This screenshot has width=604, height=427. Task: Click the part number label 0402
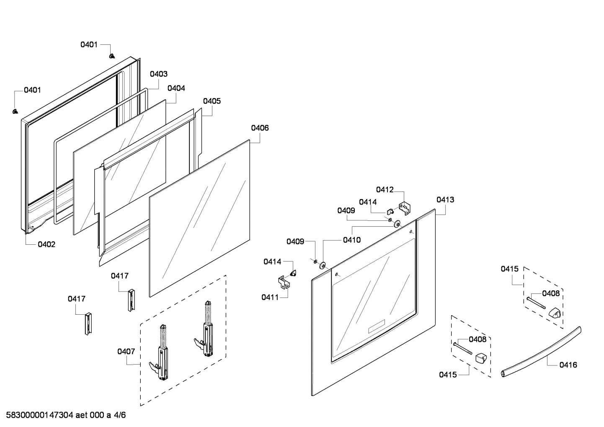point(46,244)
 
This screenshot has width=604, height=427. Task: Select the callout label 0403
point(159,74)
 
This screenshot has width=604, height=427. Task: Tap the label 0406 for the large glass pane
point(260,128)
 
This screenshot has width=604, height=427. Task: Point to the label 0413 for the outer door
point(445,199)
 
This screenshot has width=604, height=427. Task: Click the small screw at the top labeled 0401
point(112,55)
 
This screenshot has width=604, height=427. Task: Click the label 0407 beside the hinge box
point(126,351)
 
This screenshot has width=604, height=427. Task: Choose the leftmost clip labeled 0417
point(88,323)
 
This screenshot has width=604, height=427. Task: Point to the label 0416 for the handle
point(568,365)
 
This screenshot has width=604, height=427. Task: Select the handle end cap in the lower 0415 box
point(481,358)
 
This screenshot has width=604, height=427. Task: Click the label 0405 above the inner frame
point(212,101)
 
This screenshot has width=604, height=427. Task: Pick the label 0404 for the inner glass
point(176,88)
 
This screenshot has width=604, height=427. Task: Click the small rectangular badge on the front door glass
point(376,327)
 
